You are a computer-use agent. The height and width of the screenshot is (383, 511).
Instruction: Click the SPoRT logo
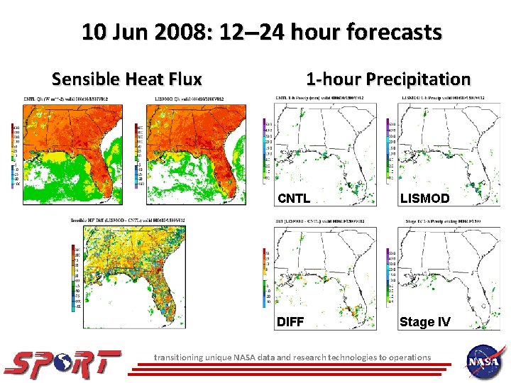[62, 362]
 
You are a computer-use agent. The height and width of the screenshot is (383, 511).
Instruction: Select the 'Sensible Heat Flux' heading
[127, 79]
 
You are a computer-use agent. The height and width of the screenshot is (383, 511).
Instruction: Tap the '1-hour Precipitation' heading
[388, 79]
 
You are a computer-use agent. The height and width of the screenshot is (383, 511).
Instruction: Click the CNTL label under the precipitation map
[293, 199]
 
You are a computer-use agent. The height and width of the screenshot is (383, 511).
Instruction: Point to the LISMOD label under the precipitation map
[424, 199]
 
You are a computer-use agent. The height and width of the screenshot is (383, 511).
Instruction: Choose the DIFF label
[290, 322]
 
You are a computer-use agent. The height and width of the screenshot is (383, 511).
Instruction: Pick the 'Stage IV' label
[424, 322]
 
